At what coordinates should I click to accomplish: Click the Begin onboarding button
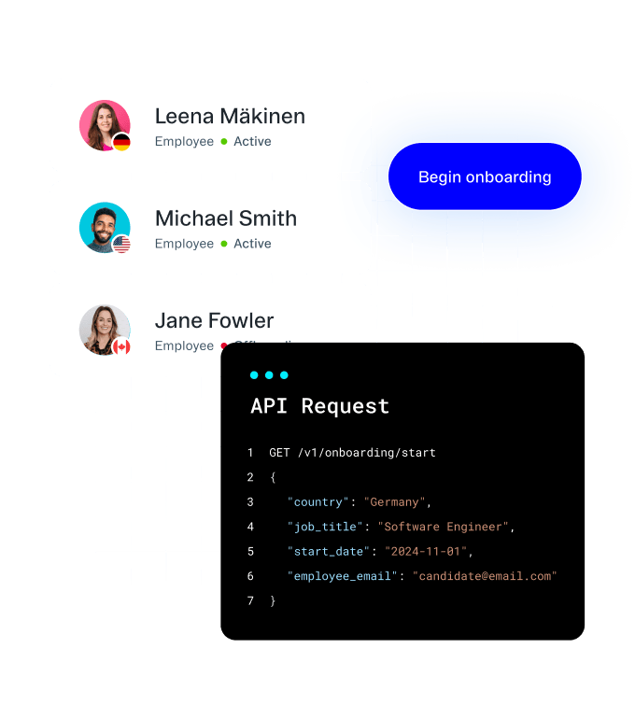(485, 176)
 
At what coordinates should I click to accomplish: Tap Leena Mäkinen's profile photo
(105, 125)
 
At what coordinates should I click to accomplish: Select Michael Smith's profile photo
(105, 227)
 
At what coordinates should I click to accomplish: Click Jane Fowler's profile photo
(105, 330)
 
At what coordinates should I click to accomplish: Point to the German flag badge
(121, 143)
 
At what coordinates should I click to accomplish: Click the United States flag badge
(121, 245)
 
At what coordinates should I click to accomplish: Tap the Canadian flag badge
(121, 347)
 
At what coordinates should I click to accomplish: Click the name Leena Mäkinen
(230, 117)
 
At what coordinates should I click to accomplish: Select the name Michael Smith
(226, 219)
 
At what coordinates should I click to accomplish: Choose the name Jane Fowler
(214, 320)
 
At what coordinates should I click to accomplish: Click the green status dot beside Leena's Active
(224, 142)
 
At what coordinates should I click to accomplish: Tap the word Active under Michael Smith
(252, 244)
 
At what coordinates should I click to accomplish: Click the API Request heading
(319, 406)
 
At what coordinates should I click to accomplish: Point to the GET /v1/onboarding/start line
(352, 453)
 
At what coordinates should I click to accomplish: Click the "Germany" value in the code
(395, 502)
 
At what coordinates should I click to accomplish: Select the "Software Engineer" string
(443, 527)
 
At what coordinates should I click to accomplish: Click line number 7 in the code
(250, 600)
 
